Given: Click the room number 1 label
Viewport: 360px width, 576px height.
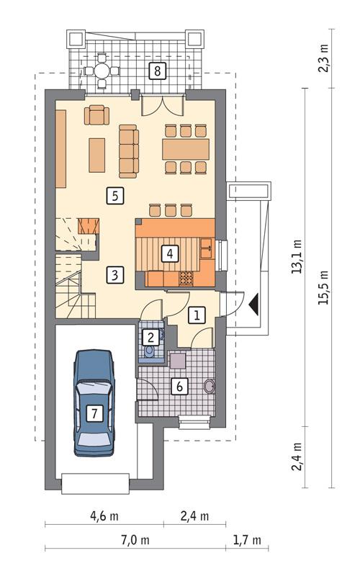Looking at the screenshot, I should [x=197, y=314].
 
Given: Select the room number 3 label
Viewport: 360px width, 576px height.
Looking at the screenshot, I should [x=114, y=274].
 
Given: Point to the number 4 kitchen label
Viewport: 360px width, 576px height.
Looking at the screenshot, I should [x=168, y=253].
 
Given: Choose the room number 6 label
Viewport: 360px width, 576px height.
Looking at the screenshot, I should [x=180, y=386].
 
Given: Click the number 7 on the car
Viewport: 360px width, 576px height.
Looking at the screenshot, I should [x=94, y=413].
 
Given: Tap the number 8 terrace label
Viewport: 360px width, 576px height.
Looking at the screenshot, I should [x=156, y=70].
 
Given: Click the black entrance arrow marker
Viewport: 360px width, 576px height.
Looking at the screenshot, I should [x=253, y=305].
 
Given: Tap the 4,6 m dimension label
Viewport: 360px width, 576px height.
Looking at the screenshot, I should [x=104, y=516].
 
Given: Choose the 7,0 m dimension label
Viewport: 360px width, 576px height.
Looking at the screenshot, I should [x=135, y=539].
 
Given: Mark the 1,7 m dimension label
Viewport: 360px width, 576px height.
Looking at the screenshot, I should [x=246, y=539].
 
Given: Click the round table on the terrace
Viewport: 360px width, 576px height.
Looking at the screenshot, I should [x=100, y=71].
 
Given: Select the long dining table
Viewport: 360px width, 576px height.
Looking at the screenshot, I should [x=186, y=149].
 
